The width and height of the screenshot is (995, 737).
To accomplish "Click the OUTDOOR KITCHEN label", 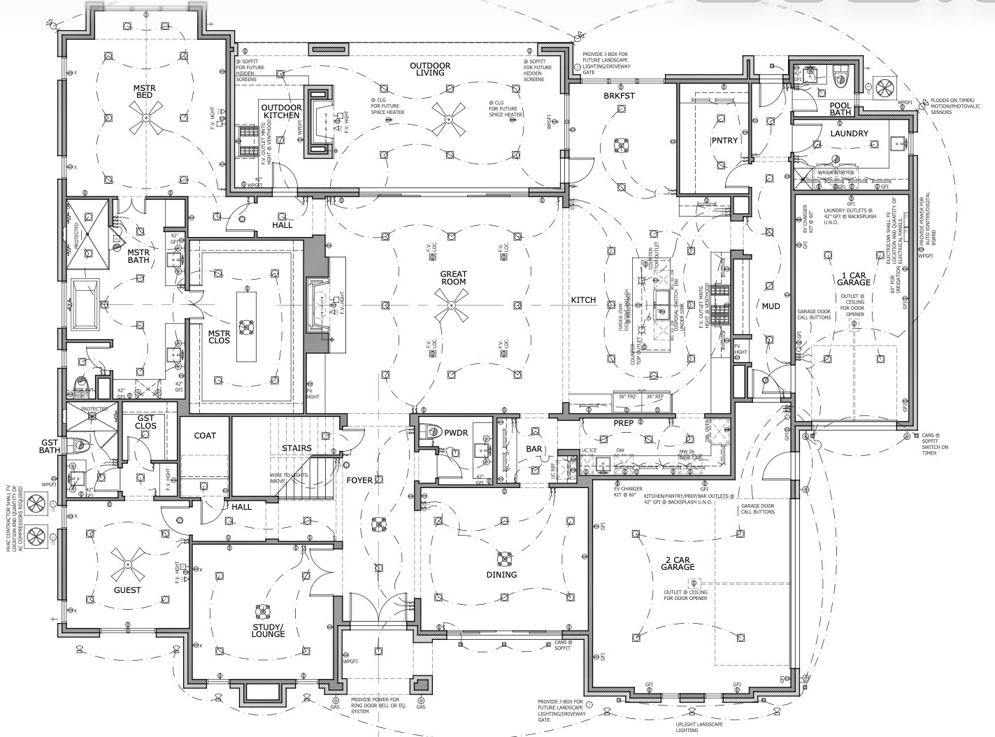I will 282,112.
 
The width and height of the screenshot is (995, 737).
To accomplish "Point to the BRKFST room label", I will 619,96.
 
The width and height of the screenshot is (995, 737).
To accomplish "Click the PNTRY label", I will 724,141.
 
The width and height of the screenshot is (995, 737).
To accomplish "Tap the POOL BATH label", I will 840,109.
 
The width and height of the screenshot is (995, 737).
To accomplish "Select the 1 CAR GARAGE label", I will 854,278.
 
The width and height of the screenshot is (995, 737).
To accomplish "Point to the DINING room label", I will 501,575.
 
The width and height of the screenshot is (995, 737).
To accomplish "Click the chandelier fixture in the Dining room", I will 503,558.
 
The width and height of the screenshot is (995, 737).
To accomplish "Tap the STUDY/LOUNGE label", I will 269,630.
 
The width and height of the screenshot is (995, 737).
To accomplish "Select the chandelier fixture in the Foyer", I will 378,524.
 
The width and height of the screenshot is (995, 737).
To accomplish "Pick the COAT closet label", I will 205,436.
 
